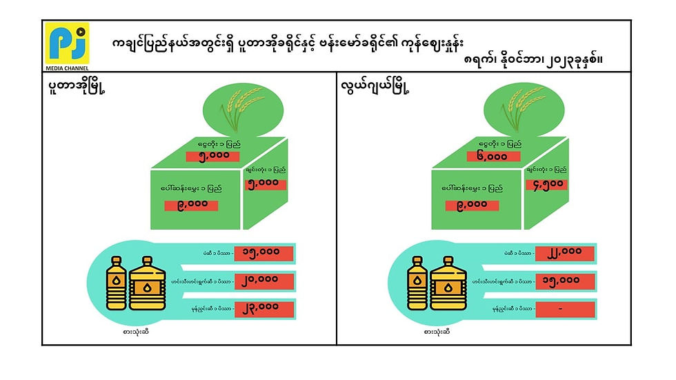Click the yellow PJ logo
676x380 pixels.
pos(68,43)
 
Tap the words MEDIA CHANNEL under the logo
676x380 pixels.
pos(68,68)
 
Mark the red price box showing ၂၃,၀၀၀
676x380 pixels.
pos(264,307)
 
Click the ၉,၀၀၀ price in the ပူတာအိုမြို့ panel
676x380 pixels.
pos(191,206)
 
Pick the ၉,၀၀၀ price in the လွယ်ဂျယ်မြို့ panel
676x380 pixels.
pos(472,205)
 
